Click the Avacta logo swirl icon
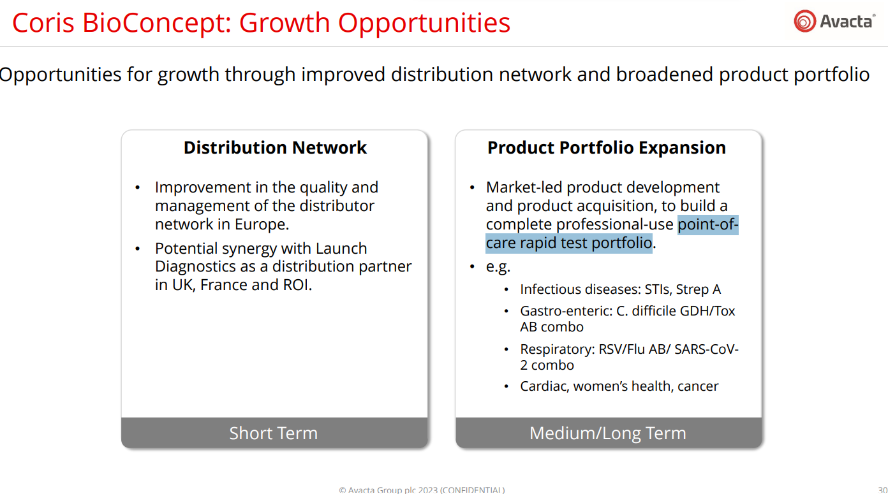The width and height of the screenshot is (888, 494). tap(805, 21)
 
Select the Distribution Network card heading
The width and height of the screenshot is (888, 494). tap(275, 148)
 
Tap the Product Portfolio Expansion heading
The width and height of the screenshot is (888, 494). tap(607, 148)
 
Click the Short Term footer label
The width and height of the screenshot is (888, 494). tap(274, 433)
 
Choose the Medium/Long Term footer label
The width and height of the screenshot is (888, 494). tap(608, 433)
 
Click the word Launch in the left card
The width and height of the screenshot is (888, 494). tap(341, 249)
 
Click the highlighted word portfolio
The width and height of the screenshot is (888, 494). tap(621, 243)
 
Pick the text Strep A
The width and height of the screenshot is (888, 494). tap(699, 289)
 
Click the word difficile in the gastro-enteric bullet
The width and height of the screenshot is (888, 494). tap(654, 311)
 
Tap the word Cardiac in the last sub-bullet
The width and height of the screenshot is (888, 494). tap(545, 386)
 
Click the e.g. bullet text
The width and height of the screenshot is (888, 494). tap(498, 267)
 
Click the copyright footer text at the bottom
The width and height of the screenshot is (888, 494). tap(422, 490)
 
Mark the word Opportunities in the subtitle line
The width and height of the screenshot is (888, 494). tap(60, 75)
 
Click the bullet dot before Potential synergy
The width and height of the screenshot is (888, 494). tap(138, 249)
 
